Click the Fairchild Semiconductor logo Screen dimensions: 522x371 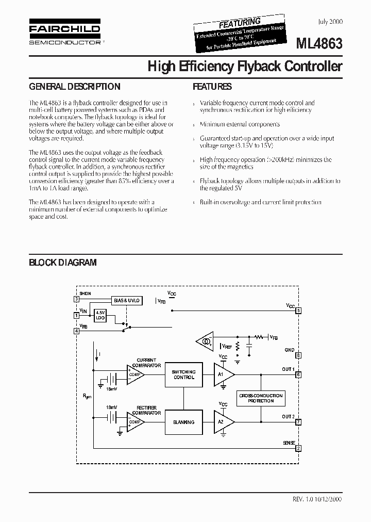coord(64,35)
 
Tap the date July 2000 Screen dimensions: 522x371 coord(330,22)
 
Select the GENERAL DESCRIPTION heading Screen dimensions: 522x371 coord(74,87)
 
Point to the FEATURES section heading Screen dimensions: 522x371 coord(212,87)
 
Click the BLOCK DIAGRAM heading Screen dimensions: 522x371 coord(62,263)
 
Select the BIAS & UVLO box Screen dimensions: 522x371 coord(126,301)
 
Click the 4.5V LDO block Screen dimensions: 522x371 coord(100,315)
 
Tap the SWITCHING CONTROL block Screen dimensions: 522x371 coord(183,374)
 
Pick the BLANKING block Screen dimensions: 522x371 coord(183,422)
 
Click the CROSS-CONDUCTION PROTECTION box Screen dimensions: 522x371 coord(261,398)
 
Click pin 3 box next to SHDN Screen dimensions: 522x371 coord(76,299)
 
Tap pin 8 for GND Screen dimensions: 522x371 coord(298,356)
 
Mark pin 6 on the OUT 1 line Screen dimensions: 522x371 coord(298,375)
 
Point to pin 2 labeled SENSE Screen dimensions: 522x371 coord(298,449)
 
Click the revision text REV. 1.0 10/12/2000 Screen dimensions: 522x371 coord(316,499)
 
